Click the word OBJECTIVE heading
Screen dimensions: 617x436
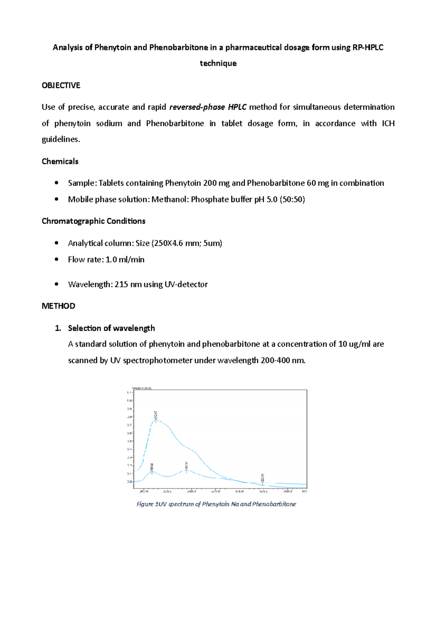[61, 85]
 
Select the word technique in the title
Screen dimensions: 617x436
[218, 63]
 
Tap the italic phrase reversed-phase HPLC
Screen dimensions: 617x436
[208, 107]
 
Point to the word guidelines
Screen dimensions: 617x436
[61, 139]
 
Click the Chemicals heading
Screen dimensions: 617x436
[60, 161]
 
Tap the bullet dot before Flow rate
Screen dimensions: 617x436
[56, 259]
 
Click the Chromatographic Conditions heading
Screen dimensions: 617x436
[93, 221]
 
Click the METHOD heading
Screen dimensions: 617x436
[58, 306]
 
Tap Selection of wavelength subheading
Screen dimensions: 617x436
[111, 328]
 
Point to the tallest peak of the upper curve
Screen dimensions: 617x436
[156, 419]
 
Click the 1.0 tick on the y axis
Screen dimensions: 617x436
[129, 400]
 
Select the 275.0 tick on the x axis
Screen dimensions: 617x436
[216, 491]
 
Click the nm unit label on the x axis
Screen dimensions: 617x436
[304, 491]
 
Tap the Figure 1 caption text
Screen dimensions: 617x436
[216, 504]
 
